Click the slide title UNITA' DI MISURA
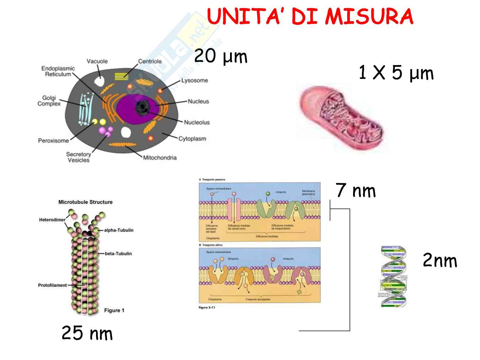coord(310,16)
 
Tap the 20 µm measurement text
coord(220,56)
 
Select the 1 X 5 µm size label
coord(396,73)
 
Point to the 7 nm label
coord(356,190)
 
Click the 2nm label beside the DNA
coord(439,260)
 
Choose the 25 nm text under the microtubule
coord(87,333)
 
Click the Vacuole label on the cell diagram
coord(97,61)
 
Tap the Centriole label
coord(150,61)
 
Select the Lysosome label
coord(194,80)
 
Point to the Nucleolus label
coord(197,122)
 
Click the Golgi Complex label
coord(49,101)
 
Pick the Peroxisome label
coord(53,140)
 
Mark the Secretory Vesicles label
coord(79,157)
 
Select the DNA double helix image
coord(393,276)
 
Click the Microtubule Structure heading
coord(85,202)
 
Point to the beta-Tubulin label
coord(118,253)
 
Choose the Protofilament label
coord(52,285)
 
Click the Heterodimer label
coord(52,220)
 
